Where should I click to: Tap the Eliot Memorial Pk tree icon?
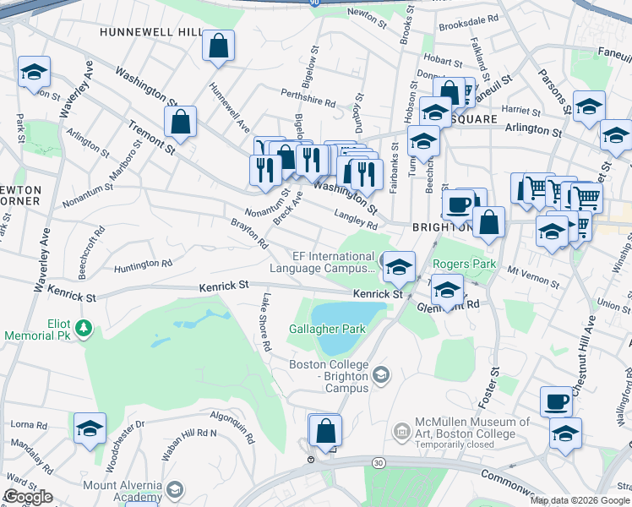84,327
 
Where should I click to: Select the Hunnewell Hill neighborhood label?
150,31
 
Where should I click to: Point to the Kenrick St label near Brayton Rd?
223,286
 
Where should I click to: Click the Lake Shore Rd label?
265,322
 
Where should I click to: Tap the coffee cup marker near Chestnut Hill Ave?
557,401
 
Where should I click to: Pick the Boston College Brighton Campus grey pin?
381,373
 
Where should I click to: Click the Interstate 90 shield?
313,3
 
